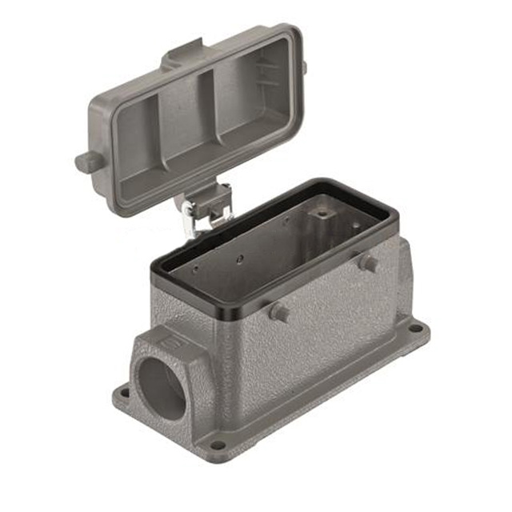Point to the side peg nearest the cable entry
[x=278, y=312]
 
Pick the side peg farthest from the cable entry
[x=368, y=262]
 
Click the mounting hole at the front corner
[x=217, y=444]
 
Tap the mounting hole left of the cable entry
[x=122, y=394]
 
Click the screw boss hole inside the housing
[x=322, y=214]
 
